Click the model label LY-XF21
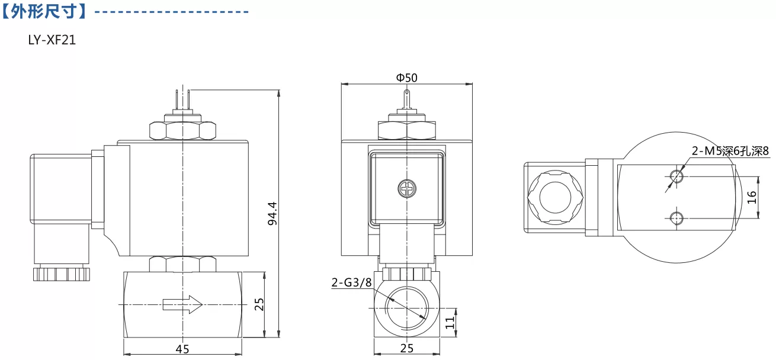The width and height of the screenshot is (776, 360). point(52,40)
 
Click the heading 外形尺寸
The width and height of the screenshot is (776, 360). point(44,11)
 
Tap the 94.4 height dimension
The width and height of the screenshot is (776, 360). point(272,214)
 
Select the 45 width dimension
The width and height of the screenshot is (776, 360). point(182,349)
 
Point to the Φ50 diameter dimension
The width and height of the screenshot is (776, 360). point(407,78)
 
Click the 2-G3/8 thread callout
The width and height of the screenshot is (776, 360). point(351,282)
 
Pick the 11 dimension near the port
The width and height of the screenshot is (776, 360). point(450,323)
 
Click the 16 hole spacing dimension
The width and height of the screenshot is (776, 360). point(751,197)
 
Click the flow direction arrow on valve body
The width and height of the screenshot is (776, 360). point(182,304)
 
